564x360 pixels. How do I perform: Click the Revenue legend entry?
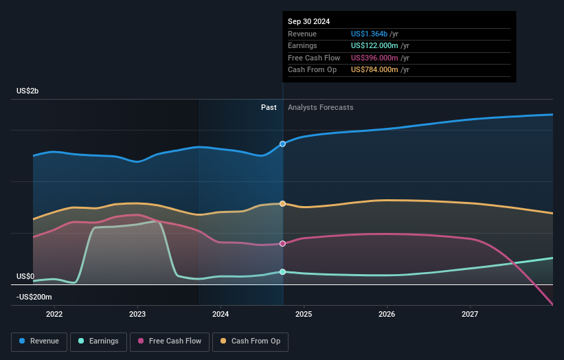[40, 341]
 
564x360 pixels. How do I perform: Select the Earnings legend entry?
[98, 341]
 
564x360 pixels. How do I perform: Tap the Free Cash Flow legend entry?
[170, 341]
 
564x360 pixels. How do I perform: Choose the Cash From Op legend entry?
[251, 341]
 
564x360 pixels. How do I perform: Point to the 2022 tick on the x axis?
[54, 314]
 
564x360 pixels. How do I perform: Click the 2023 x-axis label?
[137, 314]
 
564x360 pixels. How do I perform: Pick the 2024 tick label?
[221, 314]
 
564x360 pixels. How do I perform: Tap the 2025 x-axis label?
[304, 314]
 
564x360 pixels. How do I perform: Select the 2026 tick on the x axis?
[387, 314]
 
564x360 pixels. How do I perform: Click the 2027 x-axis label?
[470, 314]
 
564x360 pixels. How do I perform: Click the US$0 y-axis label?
[25, 276]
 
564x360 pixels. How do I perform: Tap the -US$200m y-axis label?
[34, 297]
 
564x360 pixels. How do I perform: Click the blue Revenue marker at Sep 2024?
[282, 144]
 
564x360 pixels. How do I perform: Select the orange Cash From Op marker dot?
[282, 203]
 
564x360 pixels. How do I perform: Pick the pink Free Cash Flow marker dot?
[282, 243]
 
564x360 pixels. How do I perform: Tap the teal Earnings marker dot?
[282, 271]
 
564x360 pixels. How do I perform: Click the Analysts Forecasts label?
[321, 107]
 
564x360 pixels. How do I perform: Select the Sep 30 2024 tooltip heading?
[308, 21]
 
